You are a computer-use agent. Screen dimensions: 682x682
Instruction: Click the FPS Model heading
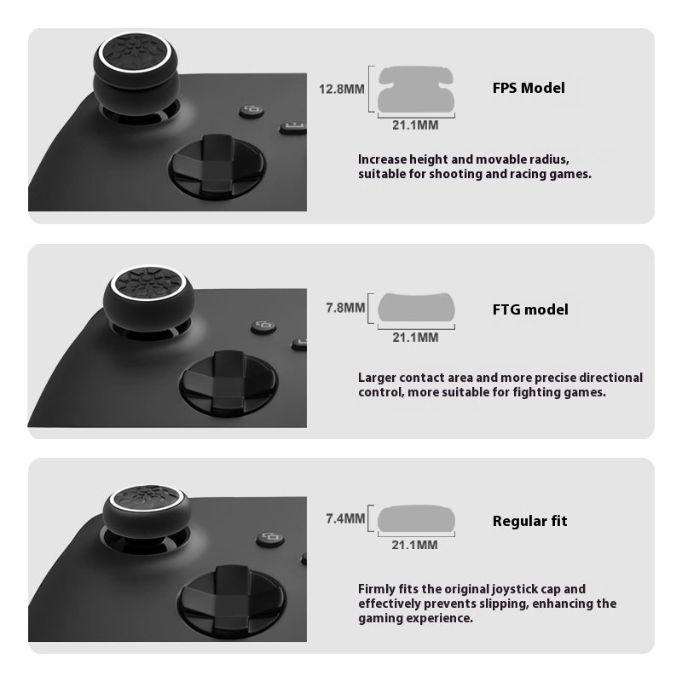click(529, 88)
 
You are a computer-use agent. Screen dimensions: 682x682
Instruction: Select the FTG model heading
click(530, 309)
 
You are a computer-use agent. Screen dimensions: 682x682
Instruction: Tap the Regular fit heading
click(529, 521)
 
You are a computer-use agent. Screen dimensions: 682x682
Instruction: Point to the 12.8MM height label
click(342, 90)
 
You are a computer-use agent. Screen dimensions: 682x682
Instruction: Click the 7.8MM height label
click(345, 308)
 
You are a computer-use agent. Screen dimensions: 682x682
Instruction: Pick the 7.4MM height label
click(345, 518)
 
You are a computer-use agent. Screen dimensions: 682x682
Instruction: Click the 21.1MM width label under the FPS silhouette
click(415, 125)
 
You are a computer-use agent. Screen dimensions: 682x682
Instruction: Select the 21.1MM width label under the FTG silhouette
click(415, 338)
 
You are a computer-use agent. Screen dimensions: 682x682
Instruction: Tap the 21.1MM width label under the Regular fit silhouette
click(414, 545)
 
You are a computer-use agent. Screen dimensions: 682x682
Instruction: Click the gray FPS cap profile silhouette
click(416, 90)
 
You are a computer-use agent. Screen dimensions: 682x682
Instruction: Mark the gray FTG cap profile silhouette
click(416, 308)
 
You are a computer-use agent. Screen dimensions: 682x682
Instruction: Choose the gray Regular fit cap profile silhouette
click(416, 518)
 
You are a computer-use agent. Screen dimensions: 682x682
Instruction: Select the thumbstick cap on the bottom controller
click(147, 511)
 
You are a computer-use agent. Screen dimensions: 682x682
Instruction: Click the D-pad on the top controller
click(217, 166)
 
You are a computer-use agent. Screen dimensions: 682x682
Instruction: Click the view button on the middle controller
click(263, 327)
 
